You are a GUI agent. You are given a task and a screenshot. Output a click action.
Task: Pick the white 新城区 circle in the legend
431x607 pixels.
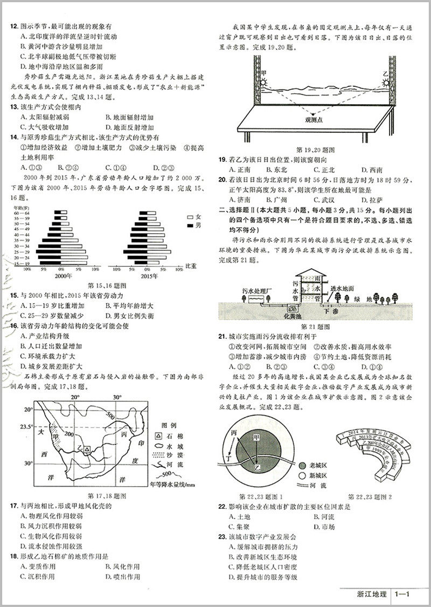[301, 476]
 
